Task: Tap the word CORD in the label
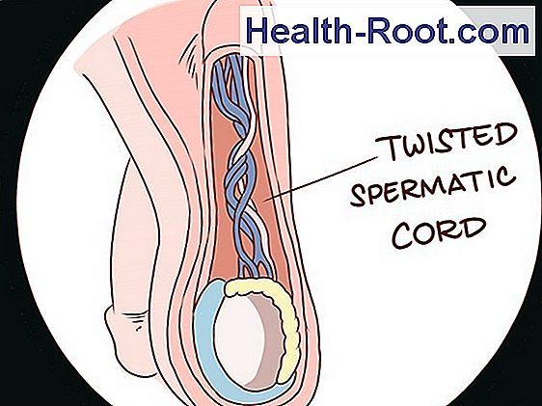click(x=439, y=231)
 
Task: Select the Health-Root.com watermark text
click(x=388, y=31)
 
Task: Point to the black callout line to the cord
click(x=319, y=179)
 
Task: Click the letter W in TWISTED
click(x=414, y=147)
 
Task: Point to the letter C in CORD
click(x=404, y=235)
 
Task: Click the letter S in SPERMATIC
click(x=360, y=196)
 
